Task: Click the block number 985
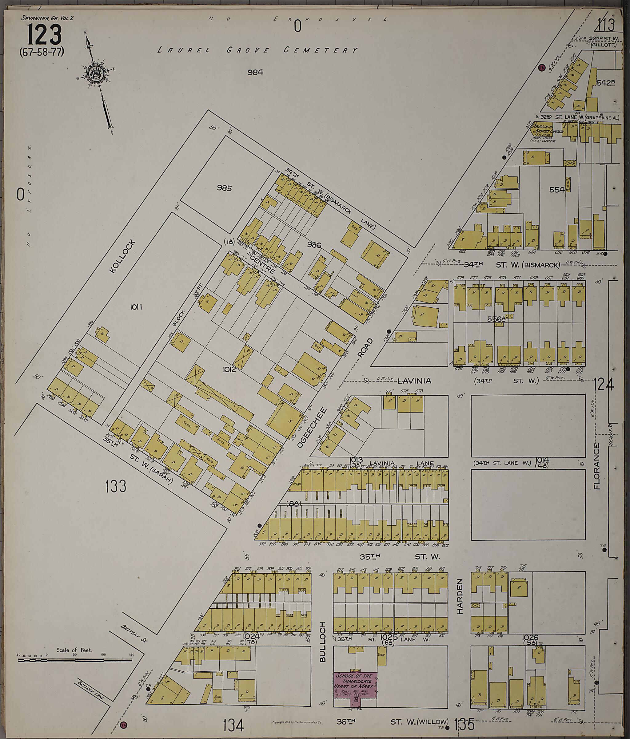tap(224, 188)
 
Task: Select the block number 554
tap(557, 190)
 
